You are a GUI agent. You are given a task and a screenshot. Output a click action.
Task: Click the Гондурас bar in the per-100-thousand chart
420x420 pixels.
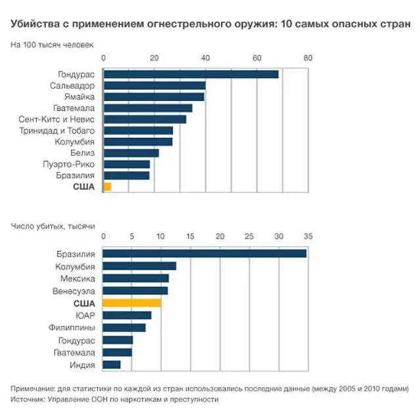coord(191,74)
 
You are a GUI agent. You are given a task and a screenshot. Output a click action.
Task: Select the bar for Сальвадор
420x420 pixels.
coord(154,85)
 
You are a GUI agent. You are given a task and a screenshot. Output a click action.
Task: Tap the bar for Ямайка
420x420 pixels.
coord(154,96)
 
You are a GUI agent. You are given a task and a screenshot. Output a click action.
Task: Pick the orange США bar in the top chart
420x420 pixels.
coord(108,187)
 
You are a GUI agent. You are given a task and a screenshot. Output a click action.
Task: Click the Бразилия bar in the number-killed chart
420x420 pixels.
coord(205,253)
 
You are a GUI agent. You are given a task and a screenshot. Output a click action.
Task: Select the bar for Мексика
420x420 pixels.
coord(136,278)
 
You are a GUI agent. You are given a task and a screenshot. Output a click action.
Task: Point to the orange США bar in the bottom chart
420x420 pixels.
coord(132,303)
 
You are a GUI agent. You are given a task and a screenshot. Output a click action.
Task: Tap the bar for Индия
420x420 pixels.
coord(112,364)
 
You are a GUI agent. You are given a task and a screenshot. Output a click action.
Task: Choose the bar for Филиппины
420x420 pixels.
coord(124,327)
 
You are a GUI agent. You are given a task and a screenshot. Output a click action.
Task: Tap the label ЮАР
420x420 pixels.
coord(85,315)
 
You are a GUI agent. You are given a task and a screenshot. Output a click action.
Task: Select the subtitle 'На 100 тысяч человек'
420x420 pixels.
coord(52,45)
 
